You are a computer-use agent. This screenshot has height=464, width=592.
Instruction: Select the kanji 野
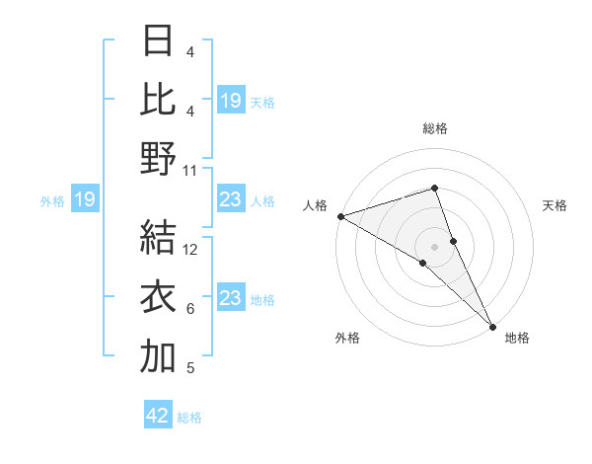click(x=158, y=159)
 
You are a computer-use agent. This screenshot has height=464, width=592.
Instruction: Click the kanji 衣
click(x=158, y=297)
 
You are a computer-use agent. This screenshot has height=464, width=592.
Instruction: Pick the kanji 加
click(x=158, y=356)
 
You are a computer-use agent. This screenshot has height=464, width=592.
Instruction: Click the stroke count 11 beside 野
click(x=190, y=171)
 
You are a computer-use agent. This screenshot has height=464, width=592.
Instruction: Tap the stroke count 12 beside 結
click(x=190, y=250)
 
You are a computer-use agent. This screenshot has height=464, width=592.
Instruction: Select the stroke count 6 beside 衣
click(x=190, y=309)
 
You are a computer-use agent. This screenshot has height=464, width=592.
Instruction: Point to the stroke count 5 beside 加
click(x=190, y=368)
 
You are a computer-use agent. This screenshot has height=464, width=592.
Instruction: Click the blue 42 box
click(x=158, y=416)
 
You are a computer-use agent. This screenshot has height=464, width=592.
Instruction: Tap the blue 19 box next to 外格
click(x=84, y=200)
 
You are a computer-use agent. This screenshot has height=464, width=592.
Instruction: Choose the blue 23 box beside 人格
click(x=230, y=200)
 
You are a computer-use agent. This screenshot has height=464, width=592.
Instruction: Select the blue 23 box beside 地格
click(x=230, y=298)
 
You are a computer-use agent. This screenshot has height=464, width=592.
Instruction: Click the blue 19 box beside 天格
click(x=230, y=101)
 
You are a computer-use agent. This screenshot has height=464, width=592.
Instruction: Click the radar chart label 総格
click(x=435, y=128)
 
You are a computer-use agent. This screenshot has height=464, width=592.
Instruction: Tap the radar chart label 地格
click(x=517, y=338)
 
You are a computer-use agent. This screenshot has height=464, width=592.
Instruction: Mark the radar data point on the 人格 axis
click(x=340, y=216)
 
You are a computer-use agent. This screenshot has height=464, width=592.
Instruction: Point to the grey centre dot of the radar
click(x=435, y=246)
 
